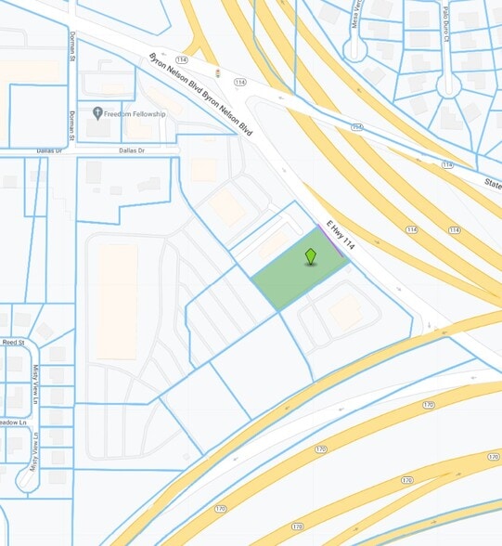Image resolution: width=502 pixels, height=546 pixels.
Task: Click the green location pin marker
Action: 311,256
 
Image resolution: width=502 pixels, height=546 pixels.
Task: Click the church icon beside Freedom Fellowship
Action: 97,113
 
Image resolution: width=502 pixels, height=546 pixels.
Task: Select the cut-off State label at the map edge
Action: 491,184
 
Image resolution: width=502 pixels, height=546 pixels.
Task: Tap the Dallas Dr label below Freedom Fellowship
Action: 132,150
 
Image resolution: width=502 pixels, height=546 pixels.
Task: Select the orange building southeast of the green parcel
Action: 346,313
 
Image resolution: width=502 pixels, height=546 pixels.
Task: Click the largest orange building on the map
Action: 118,300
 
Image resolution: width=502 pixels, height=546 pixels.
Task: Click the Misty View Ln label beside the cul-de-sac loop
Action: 35,449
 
